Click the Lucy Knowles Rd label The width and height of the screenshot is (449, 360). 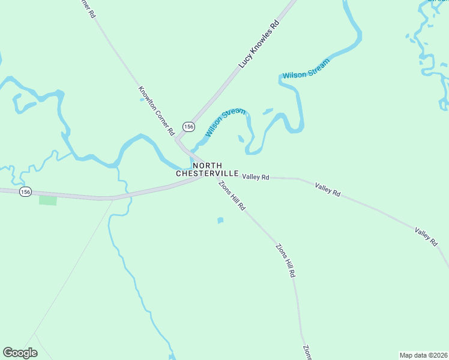click(259, 44)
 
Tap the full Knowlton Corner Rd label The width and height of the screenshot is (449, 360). click(156, 110)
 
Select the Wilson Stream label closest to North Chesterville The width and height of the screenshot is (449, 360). click(226, 122)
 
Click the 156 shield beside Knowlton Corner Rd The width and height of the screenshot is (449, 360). click(188, 127)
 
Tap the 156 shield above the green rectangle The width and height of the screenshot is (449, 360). click(25, 191)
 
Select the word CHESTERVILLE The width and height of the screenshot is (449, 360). click(207, 173)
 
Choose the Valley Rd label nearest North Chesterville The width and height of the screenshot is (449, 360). click(256, 177)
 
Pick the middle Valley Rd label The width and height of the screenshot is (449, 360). click(328, 190)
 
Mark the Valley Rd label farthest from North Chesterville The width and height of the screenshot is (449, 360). click(426, 236)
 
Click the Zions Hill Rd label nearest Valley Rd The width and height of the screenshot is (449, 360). click(232, 196)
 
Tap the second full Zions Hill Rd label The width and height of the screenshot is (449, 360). click(286, 260)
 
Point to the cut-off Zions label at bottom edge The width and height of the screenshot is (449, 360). click(307, 353)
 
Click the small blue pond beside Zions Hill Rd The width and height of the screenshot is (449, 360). click(220, 221)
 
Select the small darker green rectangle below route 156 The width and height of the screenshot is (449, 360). click(48, 200)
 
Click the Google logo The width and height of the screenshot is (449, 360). click(20, 353)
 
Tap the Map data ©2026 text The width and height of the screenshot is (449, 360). click(423, 355)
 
